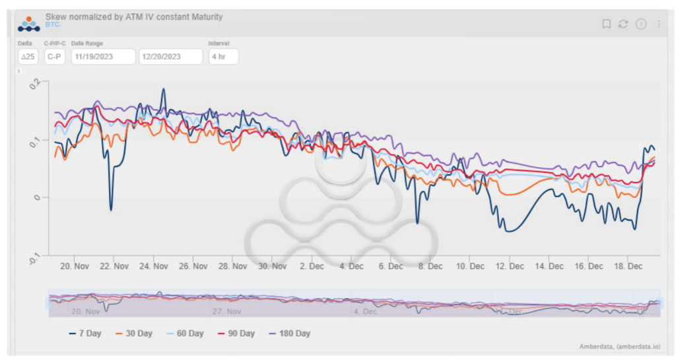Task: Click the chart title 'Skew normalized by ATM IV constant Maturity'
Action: click(134, 17)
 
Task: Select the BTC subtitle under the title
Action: click(53, 24)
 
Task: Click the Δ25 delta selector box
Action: click(28, 57)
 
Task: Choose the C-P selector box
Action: click(54, 57)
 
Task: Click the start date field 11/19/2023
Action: click(102, 57)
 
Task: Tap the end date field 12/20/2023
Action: click(170, 57)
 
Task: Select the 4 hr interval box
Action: click(223, 57)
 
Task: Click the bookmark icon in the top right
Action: click(606, 24)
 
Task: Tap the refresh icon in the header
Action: click(623, 24)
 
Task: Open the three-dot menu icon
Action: click(658, 24)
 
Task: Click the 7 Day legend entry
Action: click(85, 334)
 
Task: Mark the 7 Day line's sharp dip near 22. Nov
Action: click(111, 210)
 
